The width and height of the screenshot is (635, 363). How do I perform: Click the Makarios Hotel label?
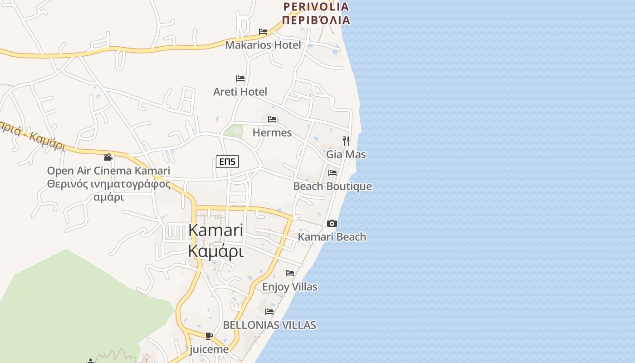coord(263,45)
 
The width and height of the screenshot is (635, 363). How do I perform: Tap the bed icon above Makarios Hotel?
coord(263,32)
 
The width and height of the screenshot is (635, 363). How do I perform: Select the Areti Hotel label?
coord(240,92)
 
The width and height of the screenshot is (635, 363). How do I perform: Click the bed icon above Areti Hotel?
coord(240,78)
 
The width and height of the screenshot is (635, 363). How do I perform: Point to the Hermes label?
coord(272,132)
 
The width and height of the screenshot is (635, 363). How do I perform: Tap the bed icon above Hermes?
coord(272,119)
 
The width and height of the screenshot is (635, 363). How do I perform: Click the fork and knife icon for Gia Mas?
coord(346,141)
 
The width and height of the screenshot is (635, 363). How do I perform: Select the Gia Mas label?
coord(346,154)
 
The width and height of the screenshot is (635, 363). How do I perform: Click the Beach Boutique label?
coord(332,186)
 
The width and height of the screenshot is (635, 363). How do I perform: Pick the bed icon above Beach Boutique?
coord(332,173)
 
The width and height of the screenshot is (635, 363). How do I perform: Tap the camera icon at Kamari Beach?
coord(332,223)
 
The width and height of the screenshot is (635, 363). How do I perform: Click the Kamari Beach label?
coord(332,237)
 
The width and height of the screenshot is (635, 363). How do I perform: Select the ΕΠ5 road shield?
coord(227,162)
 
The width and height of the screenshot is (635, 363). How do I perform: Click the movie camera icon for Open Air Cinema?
coord(108,157)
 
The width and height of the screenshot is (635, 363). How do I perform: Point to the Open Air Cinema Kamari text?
coord(108,171)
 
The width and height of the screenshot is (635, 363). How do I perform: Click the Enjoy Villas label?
coord(289,287)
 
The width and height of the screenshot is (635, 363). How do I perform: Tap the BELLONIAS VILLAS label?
coord(269,325)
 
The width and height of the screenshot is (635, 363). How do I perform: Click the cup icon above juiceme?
coord(209,336)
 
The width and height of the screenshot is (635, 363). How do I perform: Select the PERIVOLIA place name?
coord(316,6)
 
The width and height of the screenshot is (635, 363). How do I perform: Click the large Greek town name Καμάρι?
coord(216,251)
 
